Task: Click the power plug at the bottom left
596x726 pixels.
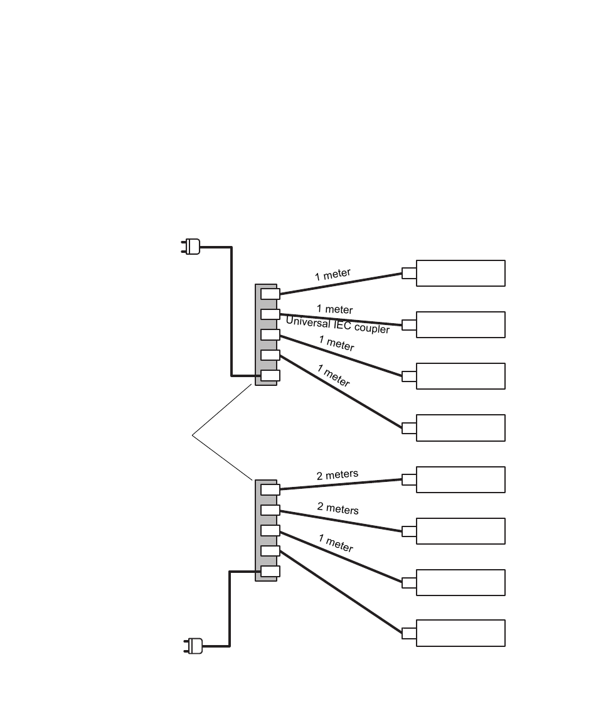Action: coord(193,646)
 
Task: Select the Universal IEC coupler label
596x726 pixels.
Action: coord(338,324)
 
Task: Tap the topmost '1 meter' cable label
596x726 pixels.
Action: coord(333,274)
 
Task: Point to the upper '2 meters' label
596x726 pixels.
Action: coord(338,475)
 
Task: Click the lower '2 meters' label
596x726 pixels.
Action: coord(338,508)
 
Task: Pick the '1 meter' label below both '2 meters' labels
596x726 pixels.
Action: coord(336,543)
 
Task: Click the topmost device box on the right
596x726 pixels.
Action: coord(460,273)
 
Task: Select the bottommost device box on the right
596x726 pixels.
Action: coord(460,633)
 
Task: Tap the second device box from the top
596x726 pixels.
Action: coord(460,324)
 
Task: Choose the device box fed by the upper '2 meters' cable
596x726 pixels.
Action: coord(460,479)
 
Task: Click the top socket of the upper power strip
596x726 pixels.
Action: coord(270,294)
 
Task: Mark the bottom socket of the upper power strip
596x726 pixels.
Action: coord(270,376)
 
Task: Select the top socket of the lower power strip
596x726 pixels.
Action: coord(270,489)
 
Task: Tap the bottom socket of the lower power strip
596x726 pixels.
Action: coord(270,571)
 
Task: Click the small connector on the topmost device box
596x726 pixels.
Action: coord(409,273)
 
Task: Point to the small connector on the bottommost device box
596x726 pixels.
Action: coord(409,633)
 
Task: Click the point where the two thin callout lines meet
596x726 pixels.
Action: coord(192,435)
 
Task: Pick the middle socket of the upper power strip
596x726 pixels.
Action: coord(270,334)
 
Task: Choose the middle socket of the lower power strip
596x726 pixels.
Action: coord(270,530)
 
